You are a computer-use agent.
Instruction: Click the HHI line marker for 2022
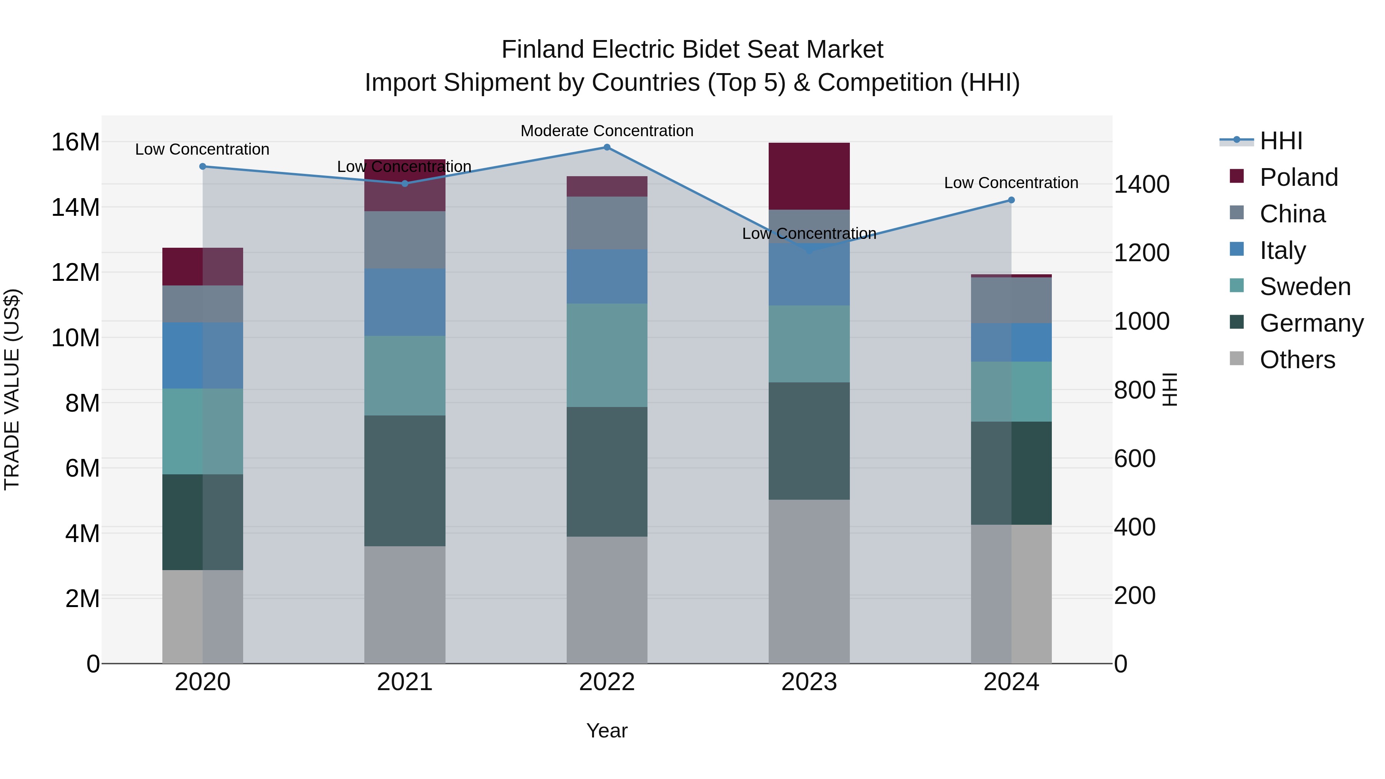607,147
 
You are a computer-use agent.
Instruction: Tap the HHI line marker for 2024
1011,200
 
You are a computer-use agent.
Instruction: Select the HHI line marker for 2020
203,167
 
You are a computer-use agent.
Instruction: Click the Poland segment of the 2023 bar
809,176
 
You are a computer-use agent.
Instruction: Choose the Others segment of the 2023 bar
809,581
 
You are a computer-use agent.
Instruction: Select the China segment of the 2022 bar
607,223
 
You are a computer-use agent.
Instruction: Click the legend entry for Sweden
1305,287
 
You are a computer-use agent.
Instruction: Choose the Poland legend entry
1298,177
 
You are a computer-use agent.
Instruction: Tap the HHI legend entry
1281,141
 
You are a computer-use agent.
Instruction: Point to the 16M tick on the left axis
75,142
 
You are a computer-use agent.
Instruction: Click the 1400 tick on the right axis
1141,184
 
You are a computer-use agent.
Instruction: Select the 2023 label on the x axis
809,682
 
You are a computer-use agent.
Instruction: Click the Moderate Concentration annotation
607,131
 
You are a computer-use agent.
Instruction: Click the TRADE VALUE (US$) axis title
12,389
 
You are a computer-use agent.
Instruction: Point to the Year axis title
607,731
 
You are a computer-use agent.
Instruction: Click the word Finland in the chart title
542,50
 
